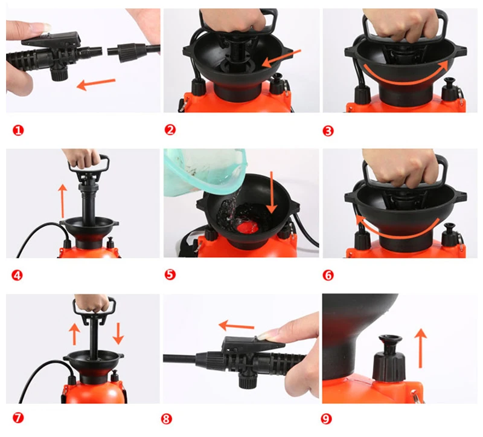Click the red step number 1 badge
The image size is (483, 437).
pyautogui.click(x=18, y=131)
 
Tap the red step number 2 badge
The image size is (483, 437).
pyautogui.click(x=170, y=130)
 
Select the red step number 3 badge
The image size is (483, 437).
pyautogui.click(x=328, y=131)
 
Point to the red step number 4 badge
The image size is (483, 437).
pyautogui.click(x=18, y=275)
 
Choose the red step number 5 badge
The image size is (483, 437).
pyautogui.click(x=170, y=274)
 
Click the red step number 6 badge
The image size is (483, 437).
pyautogui.click(x=328, y=275)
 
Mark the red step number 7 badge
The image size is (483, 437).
pyautogui.click(x=18, y=418)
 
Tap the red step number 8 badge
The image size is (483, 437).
pyautogui.click(x=167, y=419)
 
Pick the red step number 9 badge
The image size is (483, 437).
pyautogui.click(x=326, y=419)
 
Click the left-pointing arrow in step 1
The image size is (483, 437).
pyautogui.click(x=96, y=84)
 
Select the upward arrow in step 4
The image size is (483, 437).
pyautogui.click(x=63, y=201)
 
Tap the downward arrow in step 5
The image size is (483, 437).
pyautogui.click(x=272, y=192)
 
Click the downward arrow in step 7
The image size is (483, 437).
pyautogui.click(x=118, y=334)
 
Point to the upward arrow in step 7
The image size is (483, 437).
pyautogui.click(x=74, y=334)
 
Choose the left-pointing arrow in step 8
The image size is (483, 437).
pyautogui.click(x=237, y=326)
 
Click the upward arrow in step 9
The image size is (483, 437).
pyautogui.click(x=420, y=349)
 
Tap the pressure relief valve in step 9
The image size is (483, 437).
pyautogui.click(x=389, y=358)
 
